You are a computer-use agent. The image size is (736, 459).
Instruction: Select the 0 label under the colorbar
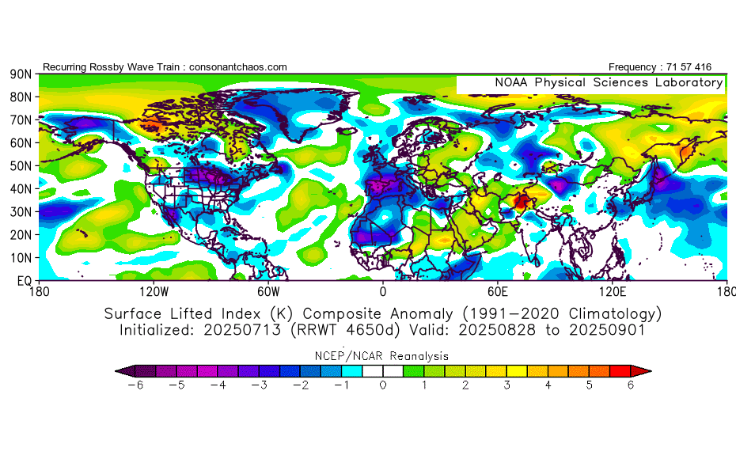pyautogui.click(x=383, y=385)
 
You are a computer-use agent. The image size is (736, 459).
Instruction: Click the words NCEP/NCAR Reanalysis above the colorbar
pyautogui.click(x=382, y=355)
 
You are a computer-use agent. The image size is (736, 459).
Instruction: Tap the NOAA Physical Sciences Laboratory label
pyautogui.click(x=609, y=82)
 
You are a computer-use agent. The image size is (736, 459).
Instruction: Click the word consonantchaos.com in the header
pyautogui.click(x=237, y=67)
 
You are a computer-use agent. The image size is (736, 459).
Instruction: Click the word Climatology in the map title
pyautogui.click(x=604, y=313)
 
